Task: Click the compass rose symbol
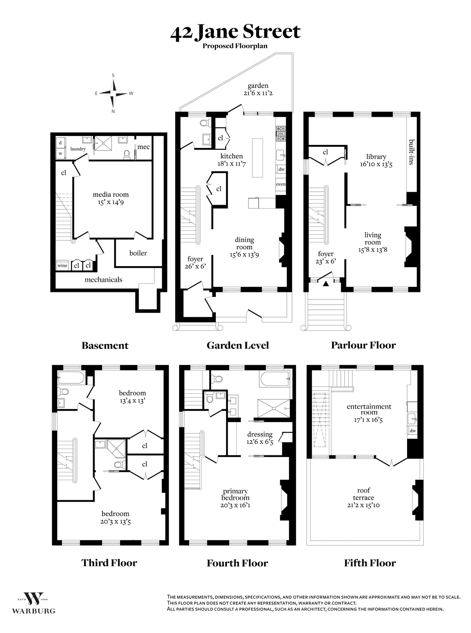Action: [113, 93]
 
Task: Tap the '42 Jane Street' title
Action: [235, 31]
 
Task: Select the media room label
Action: [111, 194]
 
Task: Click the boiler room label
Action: [138, 253]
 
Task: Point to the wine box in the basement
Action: [62, 266]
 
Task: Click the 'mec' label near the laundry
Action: [143, 147]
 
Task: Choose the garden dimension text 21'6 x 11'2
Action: [257, 93]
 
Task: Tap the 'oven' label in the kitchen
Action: [281, 184]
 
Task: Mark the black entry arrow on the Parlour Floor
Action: [325, 283]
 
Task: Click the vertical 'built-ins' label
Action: [411, 151]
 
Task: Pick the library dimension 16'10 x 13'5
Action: [376, 164]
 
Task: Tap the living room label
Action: [372, 239]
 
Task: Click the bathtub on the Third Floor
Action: [71, 378]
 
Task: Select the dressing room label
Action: [260, 434]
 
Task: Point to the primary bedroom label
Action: [235, 494]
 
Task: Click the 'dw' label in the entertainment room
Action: [413, 431]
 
